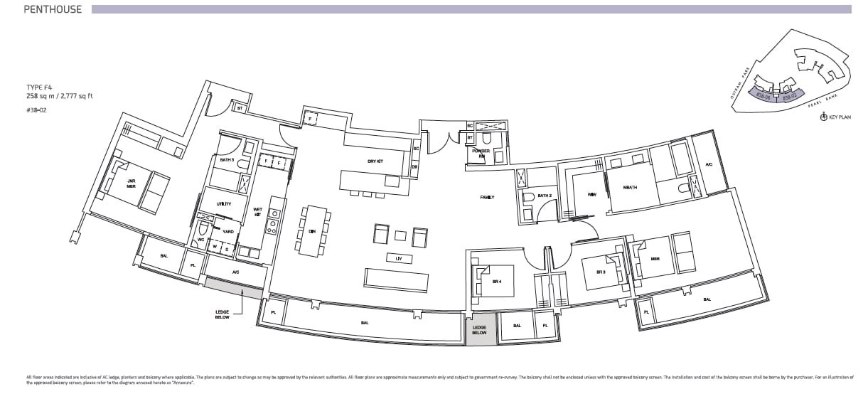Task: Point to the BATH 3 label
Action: click(227, 160)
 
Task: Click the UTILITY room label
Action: click(224, 204)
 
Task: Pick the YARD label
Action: click(227, 232)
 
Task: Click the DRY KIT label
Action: click(375, 161)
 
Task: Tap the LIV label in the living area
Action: click(400, 259)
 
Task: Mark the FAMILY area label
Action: click(487, 197)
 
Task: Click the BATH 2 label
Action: click(545, 196)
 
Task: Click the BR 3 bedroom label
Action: click(600, 271)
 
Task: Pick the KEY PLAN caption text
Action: click(840, 117)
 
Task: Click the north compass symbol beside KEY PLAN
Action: click(823, 117)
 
